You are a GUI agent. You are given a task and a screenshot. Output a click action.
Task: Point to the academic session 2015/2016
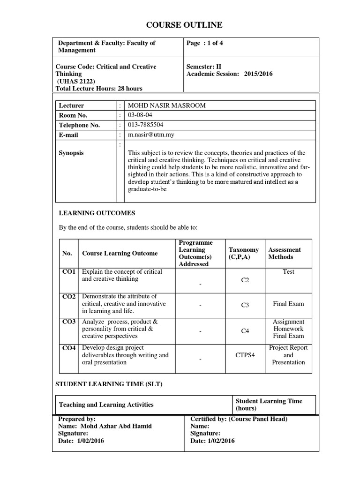[258, 74]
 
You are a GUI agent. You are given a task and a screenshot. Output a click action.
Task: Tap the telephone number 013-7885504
[142, 125]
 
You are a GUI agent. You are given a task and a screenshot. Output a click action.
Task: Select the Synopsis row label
[71, 153]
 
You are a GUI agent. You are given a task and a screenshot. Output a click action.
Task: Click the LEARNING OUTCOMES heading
[97, 213]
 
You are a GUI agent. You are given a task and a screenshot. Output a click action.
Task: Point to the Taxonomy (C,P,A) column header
[243, 254]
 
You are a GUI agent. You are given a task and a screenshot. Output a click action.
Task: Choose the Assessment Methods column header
[285, 254]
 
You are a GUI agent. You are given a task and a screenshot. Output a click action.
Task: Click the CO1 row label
[68, 272]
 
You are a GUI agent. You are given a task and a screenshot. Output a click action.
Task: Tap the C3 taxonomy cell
[245, 305]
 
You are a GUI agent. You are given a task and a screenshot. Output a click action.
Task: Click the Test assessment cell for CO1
[288, 272]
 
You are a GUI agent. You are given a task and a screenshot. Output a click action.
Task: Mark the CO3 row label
[68, 322]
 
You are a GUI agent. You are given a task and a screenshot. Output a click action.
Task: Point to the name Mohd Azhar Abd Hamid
[116, 426]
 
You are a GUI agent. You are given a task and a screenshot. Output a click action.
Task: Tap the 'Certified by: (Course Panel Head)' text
[239, 419]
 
